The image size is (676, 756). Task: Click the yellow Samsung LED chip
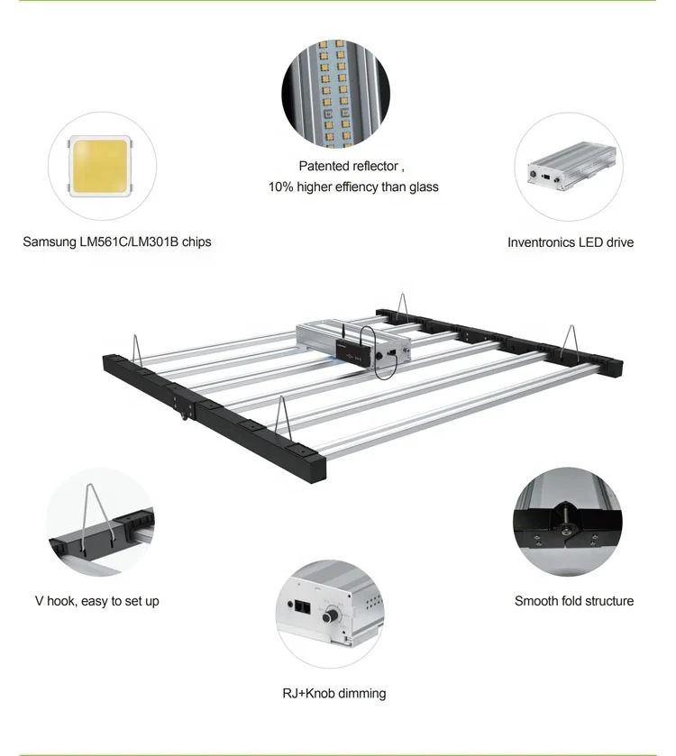[98, 166]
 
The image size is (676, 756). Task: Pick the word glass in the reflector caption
[421, 187]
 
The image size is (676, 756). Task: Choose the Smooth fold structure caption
[574, 600]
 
